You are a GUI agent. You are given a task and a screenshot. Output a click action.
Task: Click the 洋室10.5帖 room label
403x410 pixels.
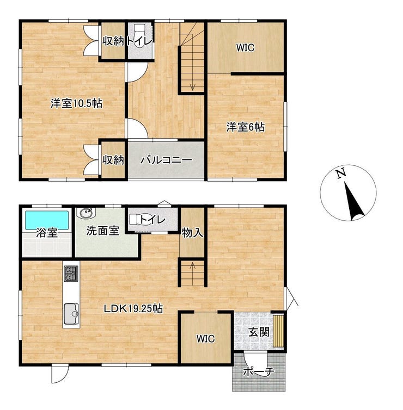76,104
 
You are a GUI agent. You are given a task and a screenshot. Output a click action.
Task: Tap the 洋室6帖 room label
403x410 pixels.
246,127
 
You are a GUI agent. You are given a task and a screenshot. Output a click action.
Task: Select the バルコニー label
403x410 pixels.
166,160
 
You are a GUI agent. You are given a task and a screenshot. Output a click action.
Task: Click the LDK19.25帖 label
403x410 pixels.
133,309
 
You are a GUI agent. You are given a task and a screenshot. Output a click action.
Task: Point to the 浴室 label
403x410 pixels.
47,232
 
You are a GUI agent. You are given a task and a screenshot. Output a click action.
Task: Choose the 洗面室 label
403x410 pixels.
102,231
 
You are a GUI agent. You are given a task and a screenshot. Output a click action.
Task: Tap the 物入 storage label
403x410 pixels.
192,232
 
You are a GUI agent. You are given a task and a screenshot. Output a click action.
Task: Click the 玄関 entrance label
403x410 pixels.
259,332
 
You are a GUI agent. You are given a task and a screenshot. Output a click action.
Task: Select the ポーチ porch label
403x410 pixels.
259,371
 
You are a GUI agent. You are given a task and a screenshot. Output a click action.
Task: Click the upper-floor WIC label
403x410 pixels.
245,48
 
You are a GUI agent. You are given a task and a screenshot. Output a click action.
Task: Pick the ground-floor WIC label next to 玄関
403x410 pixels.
205,339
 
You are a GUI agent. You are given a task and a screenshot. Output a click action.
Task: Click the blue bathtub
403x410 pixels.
47,220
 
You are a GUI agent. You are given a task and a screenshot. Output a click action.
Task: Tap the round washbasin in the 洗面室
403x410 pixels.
86,213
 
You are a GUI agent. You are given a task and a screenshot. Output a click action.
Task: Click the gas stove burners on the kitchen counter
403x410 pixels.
71,274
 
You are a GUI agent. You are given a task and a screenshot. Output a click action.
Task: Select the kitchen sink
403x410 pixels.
71,314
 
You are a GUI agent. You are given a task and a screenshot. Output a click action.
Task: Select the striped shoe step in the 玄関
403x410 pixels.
278,331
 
